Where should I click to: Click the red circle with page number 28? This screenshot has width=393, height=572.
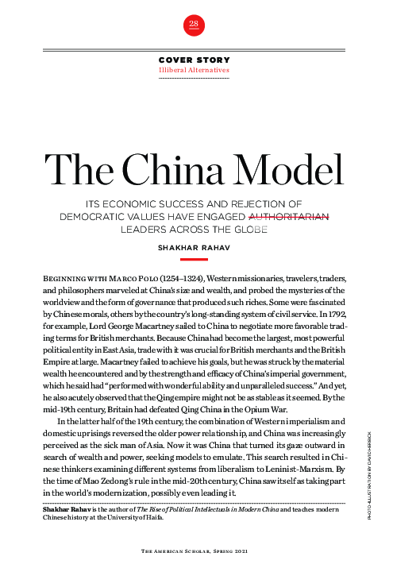pos(194,25)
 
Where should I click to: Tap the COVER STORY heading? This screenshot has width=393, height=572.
pos(194,60)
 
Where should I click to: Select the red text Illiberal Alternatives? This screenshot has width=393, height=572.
pos(194,70)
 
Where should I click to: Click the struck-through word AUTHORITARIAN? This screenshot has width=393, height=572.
pos(289,214)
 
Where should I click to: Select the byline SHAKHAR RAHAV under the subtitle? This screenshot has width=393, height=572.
pos(194,247)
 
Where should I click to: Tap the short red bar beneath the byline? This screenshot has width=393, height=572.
pos(194,259)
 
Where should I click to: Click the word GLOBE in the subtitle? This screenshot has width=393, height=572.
pos(251,226)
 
